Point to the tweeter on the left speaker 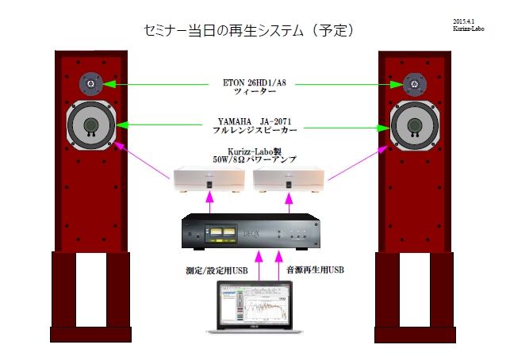point(90,83)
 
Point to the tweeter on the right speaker point(412,83)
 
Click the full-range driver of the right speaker point(412,127)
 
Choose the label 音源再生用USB point(314,270)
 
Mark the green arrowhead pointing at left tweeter point(111,83)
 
